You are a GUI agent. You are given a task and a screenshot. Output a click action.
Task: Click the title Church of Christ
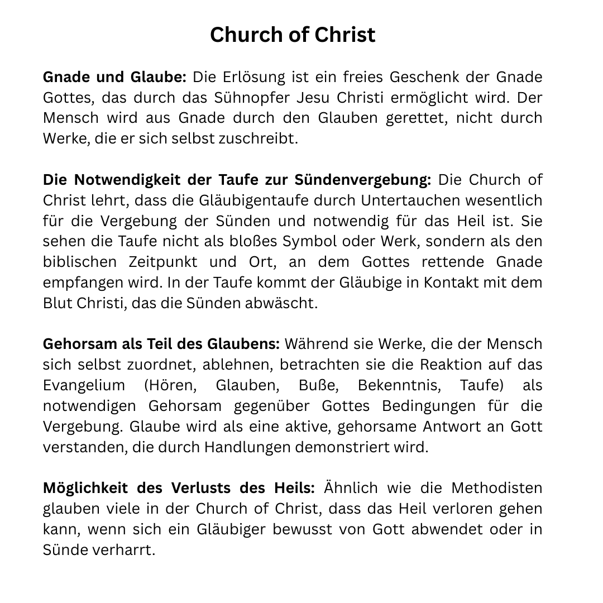pyautogui.click(x=293, y=35)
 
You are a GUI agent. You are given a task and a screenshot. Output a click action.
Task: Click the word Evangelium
pyautogui.click(x=84, y=385)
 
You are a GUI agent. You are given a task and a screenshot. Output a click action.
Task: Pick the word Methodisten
pyautogui.click(x=497, y=488)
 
